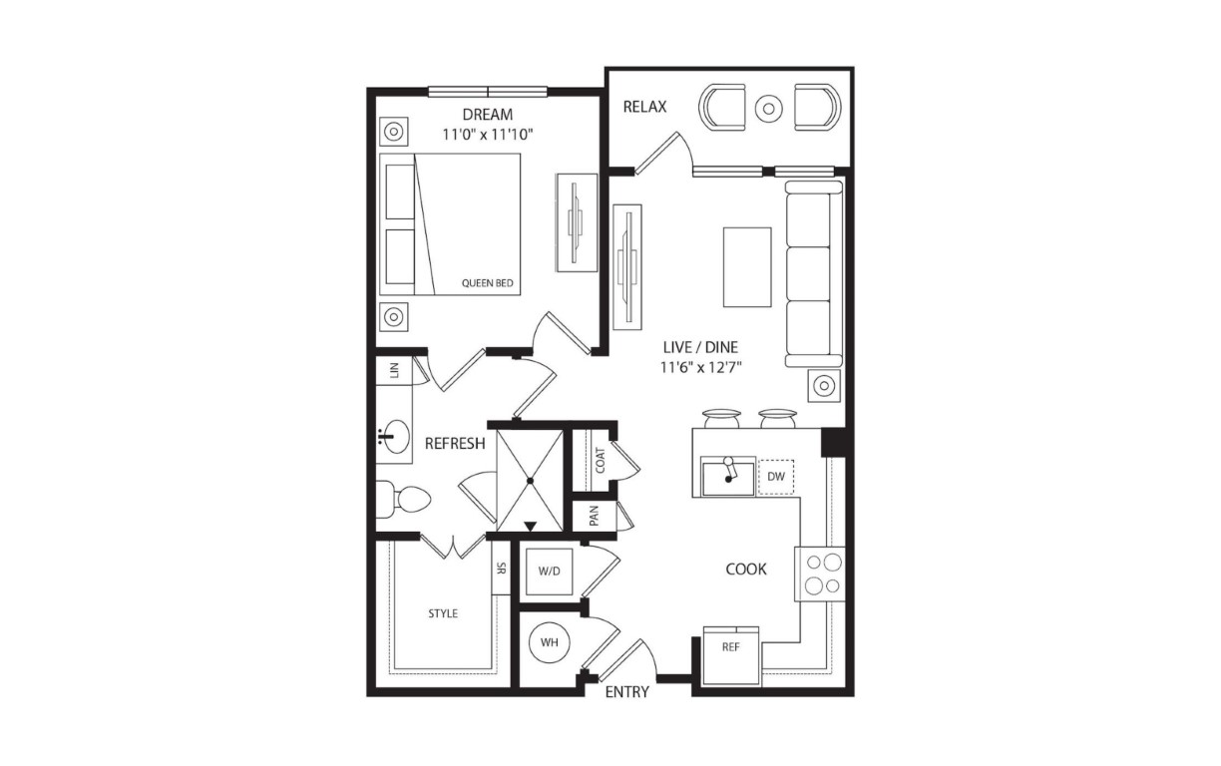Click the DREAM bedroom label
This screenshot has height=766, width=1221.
coord(488,115)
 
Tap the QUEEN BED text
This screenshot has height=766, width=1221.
coord(488,283)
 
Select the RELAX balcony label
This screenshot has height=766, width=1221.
coord(644,107)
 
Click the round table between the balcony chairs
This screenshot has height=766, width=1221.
coord(769,109)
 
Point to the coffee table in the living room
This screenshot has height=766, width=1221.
coord(747,267)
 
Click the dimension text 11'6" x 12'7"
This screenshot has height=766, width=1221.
coord(701,368)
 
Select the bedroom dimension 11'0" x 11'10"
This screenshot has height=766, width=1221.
coord(488,135)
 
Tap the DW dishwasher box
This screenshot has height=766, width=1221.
coord(776,477)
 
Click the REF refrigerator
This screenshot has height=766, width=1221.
coord(731,655)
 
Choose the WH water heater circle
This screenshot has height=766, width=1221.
coord(550,642)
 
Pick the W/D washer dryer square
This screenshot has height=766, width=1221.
coord(549,572)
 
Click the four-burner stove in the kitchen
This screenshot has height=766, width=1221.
coord(819,574)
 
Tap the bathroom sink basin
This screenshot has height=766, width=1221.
coord(394,436)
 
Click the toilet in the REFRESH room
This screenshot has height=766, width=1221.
coord(403,500)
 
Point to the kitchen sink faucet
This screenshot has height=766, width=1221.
coord(728,470)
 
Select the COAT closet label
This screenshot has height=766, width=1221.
coord(601,461)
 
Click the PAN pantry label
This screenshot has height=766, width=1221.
coord(595,516)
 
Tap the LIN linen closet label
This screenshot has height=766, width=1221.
coord(394,370)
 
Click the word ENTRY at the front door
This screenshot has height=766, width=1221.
coord(627,692)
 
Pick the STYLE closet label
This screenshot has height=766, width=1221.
coord(443,613)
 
